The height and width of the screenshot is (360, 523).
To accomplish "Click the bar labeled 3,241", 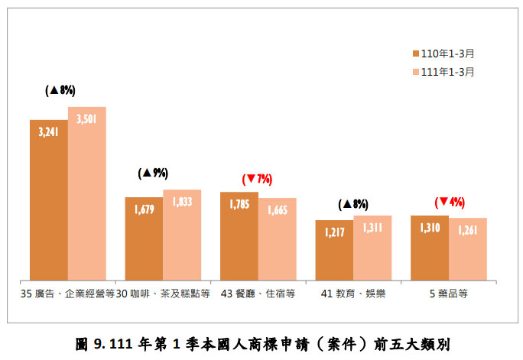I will pos(49,199).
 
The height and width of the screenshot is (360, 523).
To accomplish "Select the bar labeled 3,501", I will pos(86,193).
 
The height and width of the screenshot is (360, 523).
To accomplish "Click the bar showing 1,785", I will pos(239,235).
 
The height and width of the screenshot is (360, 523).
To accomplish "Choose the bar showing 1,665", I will pos(277,238).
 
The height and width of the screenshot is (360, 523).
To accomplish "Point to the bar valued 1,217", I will pos(334,250).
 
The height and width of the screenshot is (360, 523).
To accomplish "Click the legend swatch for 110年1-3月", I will pos(415,54).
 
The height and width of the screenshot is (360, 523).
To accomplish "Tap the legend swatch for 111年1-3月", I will pos(415,72).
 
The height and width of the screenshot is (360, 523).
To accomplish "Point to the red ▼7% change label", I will pos(257,180).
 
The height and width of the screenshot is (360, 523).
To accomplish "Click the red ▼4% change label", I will pos(450,203).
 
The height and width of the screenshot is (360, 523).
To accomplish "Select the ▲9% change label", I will pos(153,174).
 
